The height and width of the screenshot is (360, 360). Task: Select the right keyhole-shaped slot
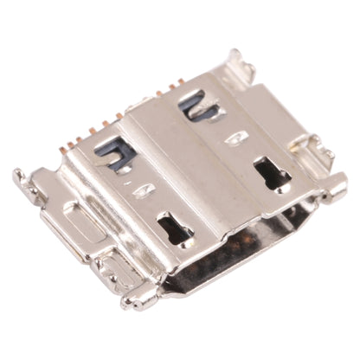tap(272, 173)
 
